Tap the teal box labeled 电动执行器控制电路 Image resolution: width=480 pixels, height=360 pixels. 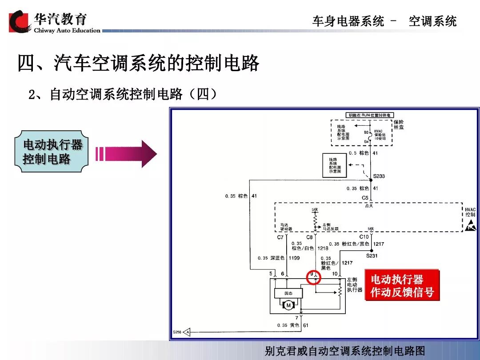point(53,152)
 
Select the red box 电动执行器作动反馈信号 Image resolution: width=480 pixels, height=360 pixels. point(402,286)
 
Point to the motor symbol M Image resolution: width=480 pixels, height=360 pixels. point(288,305)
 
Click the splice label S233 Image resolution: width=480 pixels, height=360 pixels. point(379,176)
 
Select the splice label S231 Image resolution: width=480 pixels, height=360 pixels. point(372,256)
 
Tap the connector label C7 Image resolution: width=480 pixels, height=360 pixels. point(280,237)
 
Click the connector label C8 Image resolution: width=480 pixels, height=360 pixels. point(309,237)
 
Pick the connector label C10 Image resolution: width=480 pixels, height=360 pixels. point(364,237)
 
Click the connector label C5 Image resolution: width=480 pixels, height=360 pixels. point(365,198)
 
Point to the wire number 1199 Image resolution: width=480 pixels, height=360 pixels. point(294,258)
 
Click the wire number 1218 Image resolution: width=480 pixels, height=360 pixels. point(323,248)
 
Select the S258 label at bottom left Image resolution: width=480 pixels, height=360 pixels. point(177,332)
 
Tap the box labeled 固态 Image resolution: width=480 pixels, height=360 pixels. point(288,293)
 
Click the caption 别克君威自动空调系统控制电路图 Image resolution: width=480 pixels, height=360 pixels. point(344,351)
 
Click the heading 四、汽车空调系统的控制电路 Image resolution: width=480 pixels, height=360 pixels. point(138,63)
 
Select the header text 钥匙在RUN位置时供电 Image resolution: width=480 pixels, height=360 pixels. point(370,115)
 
